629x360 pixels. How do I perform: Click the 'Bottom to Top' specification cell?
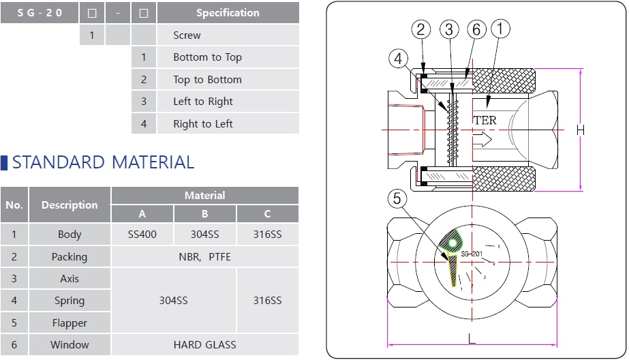point(207,57)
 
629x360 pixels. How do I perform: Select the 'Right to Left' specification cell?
point(202,124)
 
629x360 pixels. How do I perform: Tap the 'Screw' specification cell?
point(187,35)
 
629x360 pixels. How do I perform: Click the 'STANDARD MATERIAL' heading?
point(103,162)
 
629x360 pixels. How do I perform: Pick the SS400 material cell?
point(142,235)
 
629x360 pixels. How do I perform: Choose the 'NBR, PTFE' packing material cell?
point(204,256)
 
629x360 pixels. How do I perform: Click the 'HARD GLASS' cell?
point(204,345)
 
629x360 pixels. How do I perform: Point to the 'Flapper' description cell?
point(70,322)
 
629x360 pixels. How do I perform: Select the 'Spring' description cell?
point(70,301)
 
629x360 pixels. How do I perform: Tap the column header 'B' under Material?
point(204,214)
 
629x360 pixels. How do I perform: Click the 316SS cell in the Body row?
point(267,235)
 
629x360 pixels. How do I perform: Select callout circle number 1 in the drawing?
point(500,29)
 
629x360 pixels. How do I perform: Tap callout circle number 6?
point(476,29)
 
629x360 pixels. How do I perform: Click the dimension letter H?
point(581,130)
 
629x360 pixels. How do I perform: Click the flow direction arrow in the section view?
point(482,140)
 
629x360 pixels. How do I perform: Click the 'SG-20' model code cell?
point(40,13)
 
